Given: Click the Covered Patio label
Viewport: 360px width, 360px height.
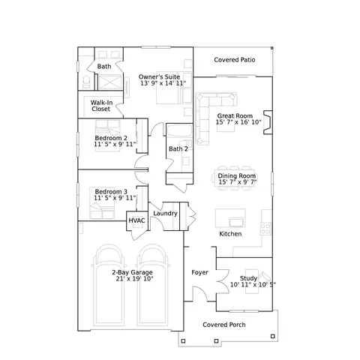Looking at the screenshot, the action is click(235, 60).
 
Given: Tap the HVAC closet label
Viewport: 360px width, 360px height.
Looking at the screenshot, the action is click(136, 220).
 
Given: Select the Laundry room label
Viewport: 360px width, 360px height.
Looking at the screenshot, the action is click(165, 213).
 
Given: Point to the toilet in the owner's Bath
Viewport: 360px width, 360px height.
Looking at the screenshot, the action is click(86, 82).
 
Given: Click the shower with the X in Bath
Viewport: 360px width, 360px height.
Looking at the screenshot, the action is click(110, 82).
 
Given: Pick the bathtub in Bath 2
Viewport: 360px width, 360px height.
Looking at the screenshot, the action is click(179, 130).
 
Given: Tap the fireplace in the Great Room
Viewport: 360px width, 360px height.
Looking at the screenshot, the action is click(268, 122).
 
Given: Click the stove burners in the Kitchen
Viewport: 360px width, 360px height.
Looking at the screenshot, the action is click(265, 229).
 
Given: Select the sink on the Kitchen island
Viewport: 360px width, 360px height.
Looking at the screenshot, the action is click(236, 222).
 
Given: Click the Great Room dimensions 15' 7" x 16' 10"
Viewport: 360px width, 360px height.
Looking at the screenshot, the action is click(238, 122).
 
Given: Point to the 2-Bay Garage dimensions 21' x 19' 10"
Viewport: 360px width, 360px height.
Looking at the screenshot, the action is click(134, 279).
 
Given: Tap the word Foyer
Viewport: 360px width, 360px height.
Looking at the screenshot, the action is click(199, 272).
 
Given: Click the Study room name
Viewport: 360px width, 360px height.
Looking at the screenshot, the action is click(248, 278).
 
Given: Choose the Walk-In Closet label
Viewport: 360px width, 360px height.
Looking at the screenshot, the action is click(101, 106).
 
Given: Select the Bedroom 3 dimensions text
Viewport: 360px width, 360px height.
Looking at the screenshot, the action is click(115, 198).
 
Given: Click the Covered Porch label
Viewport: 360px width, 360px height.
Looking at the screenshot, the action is click(224, 325).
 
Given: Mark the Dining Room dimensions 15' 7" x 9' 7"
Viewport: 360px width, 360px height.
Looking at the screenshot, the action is click(238, 182).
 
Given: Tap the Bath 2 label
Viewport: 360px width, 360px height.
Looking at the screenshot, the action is click(178, 149).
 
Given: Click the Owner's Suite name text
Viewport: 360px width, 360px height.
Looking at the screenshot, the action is click(159, 76).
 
